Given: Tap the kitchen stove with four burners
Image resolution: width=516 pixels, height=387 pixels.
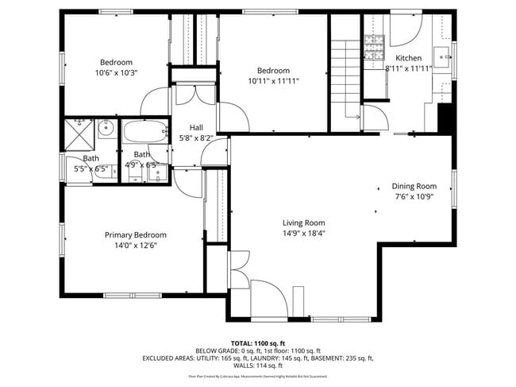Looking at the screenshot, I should (x=372, y=42).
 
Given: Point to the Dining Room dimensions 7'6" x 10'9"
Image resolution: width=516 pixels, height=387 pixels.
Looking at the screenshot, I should (x=414, y=196).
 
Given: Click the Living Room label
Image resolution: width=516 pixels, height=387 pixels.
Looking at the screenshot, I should (x=304, y=223).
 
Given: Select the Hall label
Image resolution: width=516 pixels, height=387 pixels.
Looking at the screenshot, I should (x=196, y=127).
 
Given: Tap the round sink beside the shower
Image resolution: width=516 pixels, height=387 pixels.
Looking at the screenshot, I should (x=107, y=129).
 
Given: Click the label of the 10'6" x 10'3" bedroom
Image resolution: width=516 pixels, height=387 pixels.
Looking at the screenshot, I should (x=116, y=62).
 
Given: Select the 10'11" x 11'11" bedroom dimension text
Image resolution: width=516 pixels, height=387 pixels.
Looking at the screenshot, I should (x=272, y=80).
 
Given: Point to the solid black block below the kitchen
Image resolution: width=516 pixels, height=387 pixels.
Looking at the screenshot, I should (x=445, y=118).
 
